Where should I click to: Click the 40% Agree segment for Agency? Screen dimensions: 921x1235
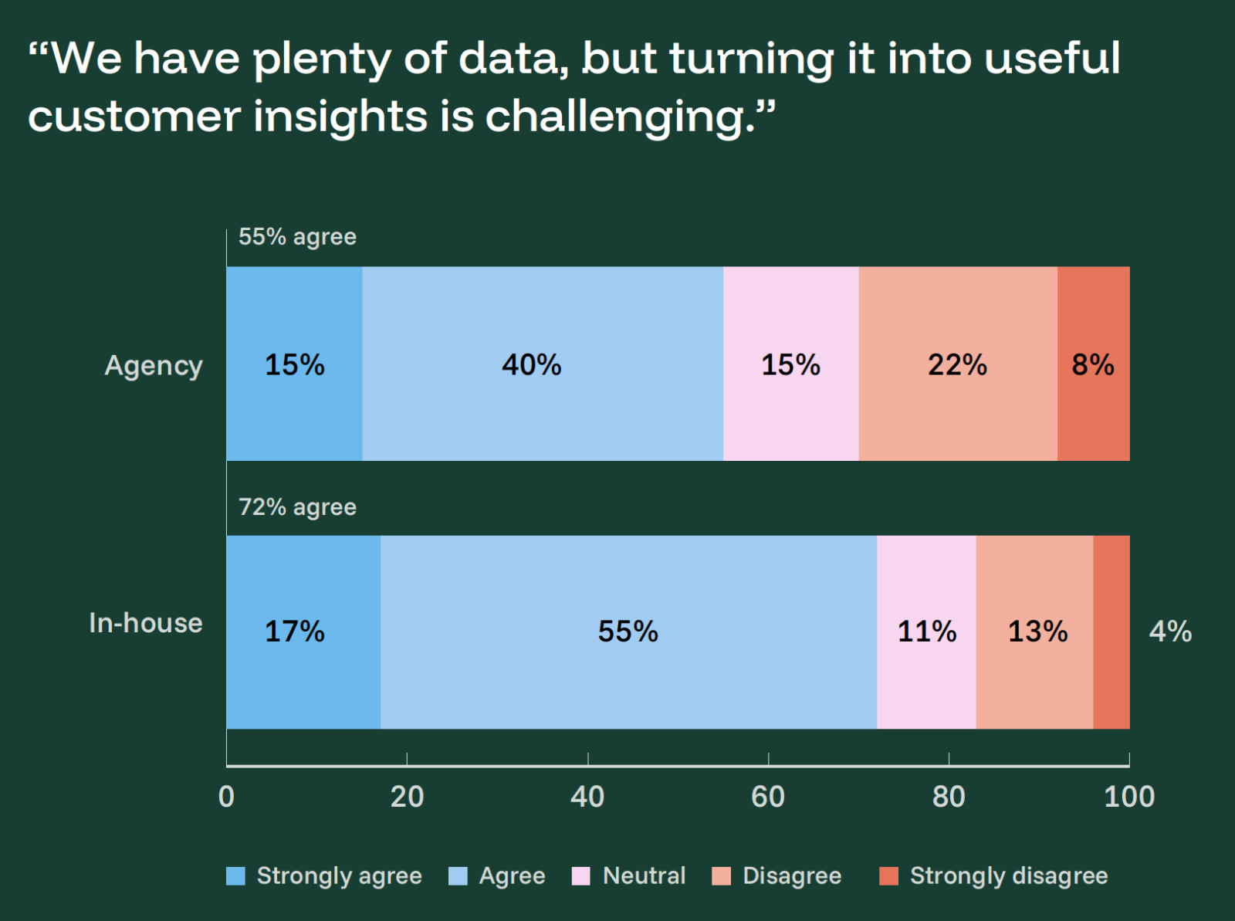(542, 364)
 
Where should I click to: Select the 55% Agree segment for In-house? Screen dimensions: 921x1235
(628, 631)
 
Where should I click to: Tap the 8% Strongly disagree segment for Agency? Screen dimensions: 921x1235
(1093, 364)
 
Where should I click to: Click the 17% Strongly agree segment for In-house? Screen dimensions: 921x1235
(303, 631)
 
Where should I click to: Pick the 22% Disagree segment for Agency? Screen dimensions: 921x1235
(957, 364)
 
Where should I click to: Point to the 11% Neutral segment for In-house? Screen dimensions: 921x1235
(926, 631)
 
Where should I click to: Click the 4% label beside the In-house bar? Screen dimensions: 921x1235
(1170, 631)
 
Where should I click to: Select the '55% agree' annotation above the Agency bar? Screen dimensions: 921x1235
(297, 236)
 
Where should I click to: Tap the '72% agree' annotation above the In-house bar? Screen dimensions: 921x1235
(297, 507)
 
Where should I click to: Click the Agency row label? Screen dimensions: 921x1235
(154, 365)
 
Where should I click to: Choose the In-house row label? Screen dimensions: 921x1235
(146, 623)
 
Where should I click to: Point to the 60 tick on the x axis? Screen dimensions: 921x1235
(768, 796)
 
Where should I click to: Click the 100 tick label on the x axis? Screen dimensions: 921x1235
(1128, 796)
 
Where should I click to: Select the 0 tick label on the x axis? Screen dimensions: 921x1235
(226, 796)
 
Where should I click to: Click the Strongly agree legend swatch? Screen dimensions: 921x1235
(235, 876)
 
